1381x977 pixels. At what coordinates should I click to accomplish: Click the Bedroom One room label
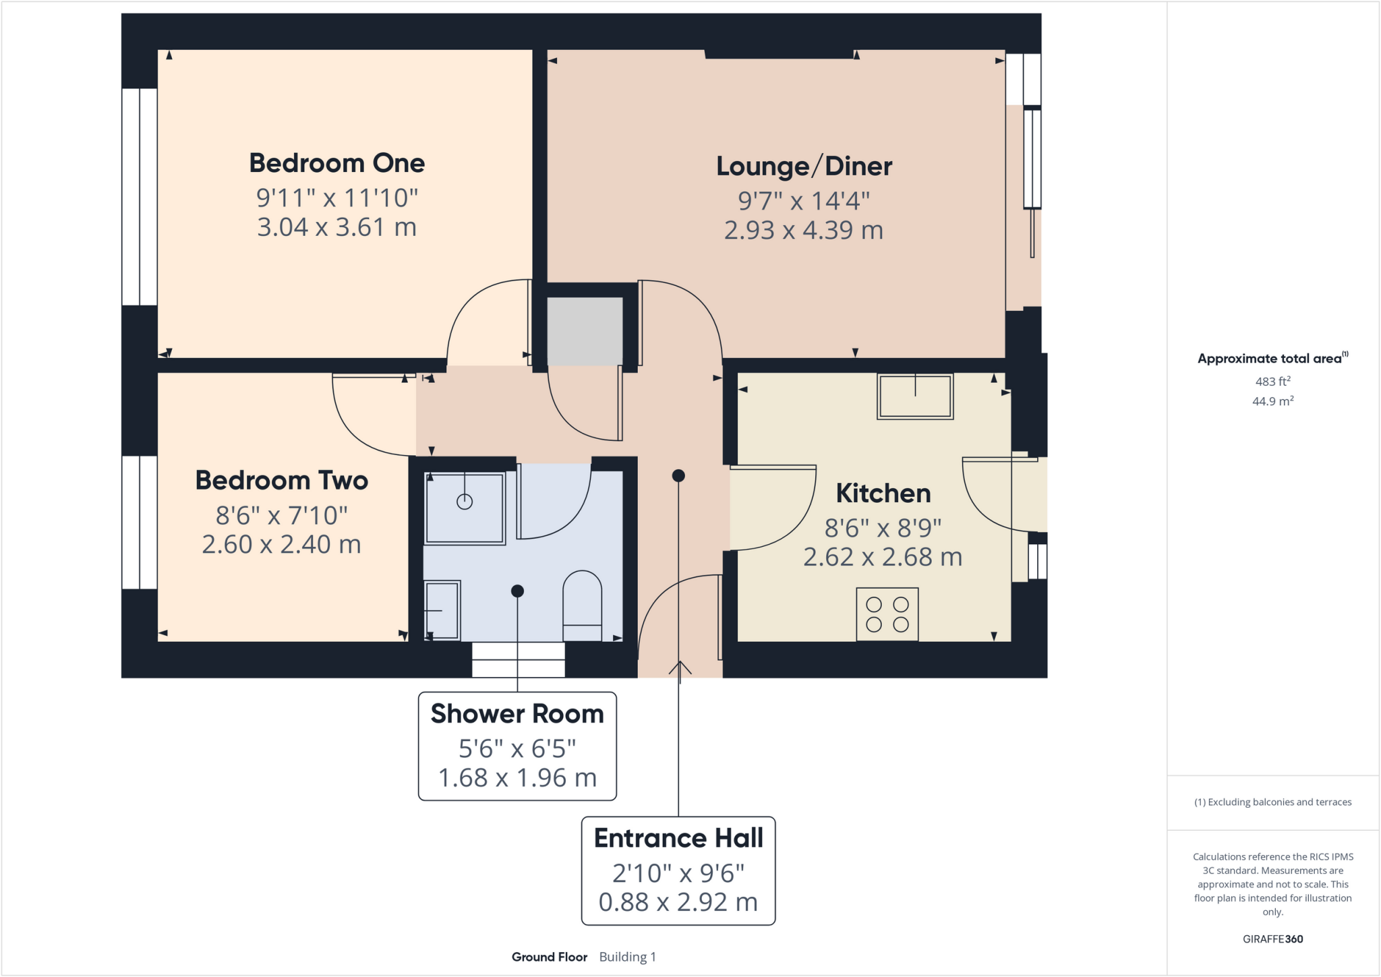click(337, 163)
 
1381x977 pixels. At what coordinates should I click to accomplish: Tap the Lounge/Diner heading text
click(804, 167)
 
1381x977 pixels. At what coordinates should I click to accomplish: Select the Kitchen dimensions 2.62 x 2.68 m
click(883, 558)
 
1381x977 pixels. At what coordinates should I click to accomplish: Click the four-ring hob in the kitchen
click(887, 614)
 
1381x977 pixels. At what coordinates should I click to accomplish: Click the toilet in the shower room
click(582, 605)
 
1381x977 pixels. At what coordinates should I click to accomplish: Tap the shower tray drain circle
click(465, 502)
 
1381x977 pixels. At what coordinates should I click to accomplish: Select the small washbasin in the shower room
click(442, 610)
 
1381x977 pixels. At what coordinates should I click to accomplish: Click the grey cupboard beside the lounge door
click(584, 331)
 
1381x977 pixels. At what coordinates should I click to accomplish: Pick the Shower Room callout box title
click(517, 714)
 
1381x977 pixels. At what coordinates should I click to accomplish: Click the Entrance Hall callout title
click(678, 838)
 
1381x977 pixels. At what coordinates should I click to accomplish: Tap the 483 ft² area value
click(1272, 382)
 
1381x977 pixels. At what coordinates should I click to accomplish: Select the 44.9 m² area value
click(1272, 401)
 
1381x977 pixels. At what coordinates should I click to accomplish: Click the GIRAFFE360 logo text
click(1272, 939)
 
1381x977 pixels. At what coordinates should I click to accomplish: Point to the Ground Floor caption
click(549, 957)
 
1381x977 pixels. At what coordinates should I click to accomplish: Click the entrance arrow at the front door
click(680, 670)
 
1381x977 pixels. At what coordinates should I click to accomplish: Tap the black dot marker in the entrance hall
click(678, 476)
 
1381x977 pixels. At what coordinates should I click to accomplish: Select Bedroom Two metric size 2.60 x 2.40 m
click(281, 545)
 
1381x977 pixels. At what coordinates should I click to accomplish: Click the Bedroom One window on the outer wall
click(140, 196)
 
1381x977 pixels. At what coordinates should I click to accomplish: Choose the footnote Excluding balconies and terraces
click(1272, 802)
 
